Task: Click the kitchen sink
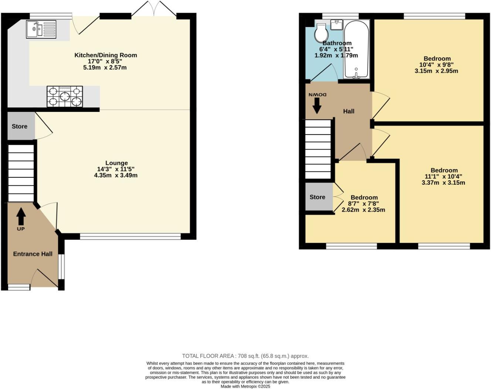coord(41,29)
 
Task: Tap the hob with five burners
coord(65,96)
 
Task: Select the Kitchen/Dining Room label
coord(106,55)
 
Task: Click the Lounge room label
coord(116,163)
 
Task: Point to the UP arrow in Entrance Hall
coord(21,217)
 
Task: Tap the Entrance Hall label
coord(33,254)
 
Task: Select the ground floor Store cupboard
coord(20,126)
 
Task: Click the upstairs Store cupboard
coord(317,197)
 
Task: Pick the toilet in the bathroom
coord(320,34)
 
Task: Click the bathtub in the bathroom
coord(356,49)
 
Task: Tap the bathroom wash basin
coord(336,25)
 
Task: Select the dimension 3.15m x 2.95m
coord(436,71)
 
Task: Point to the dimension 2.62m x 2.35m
coord(363,210)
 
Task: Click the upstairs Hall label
coord(349,111)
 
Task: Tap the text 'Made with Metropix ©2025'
coord(245,386)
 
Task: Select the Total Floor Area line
coord(245,356)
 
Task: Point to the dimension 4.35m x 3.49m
coord(116,175)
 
